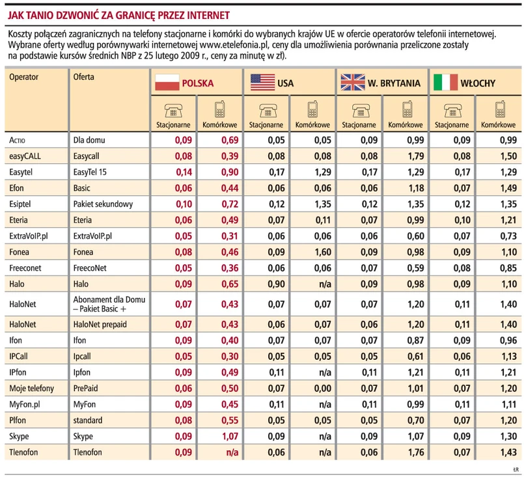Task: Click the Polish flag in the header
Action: [165, 83]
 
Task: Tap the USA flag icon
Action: [262, 83]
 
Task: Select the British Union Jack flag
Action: [352, 83]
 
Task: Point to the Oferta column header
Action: [84, 77]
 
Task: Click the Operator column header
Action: [24, 77]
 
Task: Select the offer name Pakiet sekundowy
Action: [103, 204]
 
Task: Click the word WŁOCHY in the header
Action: [478, 83]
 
